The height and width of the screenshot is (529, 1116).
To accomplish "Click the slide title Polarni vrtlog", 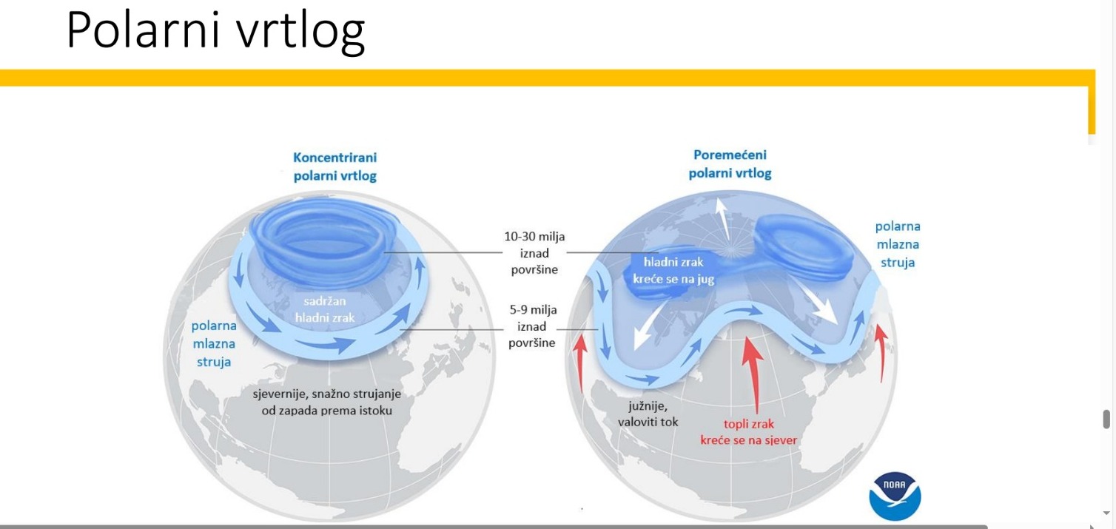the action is coord(216,31).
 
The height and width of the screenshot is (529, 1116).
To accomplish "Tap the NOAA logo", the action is coord(895,496).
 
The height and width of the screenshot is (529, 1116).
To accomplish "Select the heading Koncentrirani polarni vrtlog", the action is coord(335,166).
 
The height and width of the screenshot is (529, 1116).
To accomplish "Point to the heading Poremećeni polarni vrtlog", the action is coord(730,164).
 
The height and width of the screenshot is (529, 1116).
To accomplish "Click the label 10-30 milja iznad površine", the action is coord(534,252).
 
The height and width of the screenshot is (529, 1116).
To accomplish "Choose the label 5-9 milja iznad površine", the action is coord(532,326).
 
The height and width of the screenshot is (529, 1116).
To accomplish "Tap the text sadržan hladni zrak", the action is coord(325,309).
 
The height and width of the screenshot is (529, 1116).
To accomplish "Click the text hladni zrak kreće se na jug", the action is coord(673,271).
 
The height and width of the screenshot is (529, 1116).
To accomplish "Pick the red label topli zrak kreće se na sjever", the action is coord(748,432).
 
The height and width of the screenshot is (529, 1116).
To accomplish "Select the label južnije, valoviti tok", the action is coord(648,414).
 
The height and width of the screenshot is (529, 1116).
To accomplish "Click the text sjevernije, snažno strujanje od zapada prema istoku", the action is coord(327,402).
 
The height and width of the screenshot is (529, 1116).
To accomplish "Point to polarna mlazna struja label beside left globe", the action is coord(214,344).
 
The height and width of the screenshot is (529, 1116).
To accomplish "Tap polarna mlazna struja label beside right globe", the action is coord(898,244).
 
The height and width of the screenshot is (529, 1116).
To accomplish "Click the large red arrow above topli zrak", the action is coord(753,374).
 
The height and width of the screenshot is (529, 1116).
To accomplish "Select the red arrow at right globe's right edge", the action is coord(881,352).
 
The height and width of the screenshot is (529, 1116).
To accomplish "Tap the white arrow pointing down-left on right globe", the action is coord(649,326).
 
